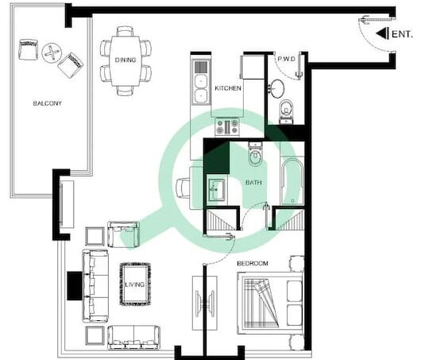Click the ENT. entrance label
pyautogui.click(x=402, y=34)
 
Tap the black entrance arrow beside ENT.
pyautogui.click(x=382, y=33)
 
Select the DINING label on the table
pyautogui.click(x=126, y=60)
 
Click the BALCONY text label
pyautogui.click(x=47, y=103)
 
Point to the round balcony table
pyautogui.click(x=52, y=53)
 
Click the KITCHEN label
pyautogui.click(x=228, y=88)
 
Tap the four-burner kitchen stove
pyautogui.click(x=227, y=127)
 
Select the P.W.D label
pyautogui.click(x=287, y=59)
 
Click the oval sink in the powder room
pyautogui.click(x=277, y=88)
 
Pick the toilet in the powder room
pyautogui.click(x=287, y=112)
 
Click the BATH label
pyautogui.click(x=253, y=183)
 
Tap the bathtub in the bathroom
pyautogui.click(x=292, y=182)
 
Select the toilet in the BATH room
pyautogui.click(x=255, y=154)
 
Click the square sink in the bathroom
pyautogui.click(x=217, y=190)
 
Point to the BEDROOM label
pyautogui.click(x=253, y=264)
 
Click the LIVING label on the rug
pyautogui.click(x=135, y=285)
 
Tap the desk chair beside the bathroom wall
pyautogui.click(x=183, y=188)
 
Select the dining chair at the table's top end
pyautogui.click(x=126, y=31)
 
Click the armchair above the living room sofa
pyautogui.click(x=123, y=234)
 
